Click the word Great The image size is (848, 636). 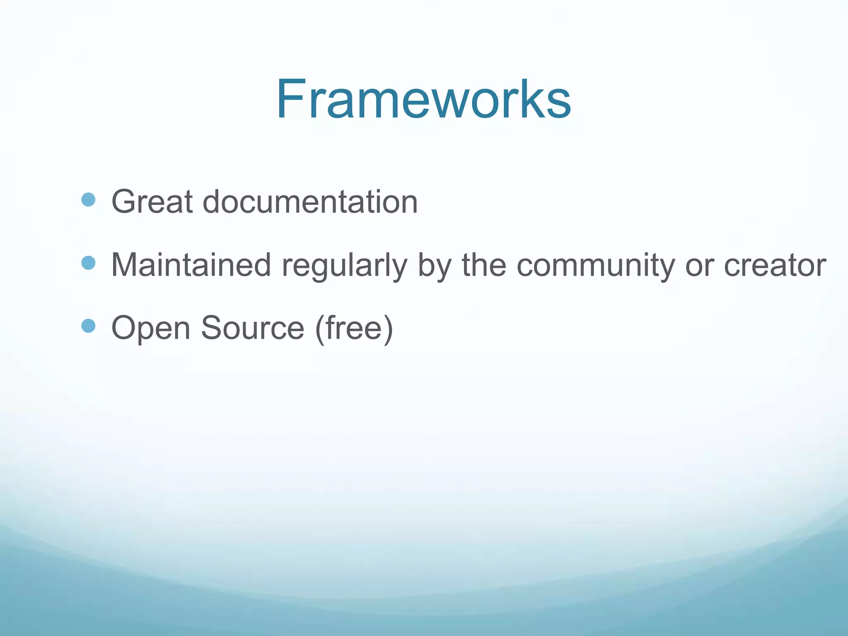coord(152,202)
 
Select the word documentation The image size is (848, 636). coord(310,202)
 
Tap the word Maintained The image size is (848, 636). coord(191,265)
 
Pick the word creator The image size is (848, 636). coord(775,265)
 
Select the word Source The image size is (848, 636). coord(253,328)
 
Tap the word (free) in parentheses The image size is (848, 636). coord(354,328)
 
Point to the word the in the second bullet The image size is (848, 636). coord(484,265)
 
